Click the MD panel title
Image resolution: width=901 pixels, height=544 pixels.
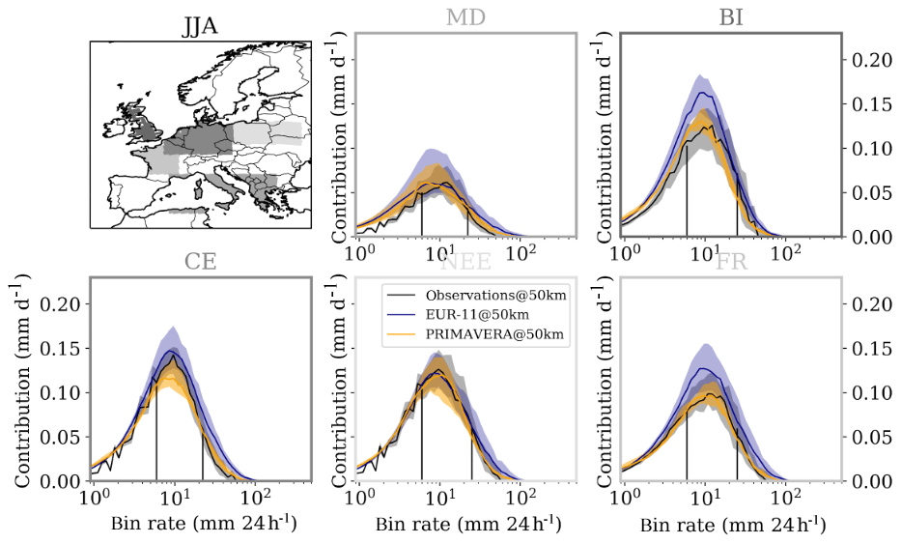[x=465, y=18]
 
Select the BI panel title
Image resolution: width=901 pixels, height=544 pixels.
[x=730, y=18]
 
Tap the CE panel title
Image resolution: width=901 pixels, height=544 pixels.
[x=200, y=263]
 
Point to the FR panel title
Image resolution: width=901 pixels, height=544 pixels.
[x=730, y=263]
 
